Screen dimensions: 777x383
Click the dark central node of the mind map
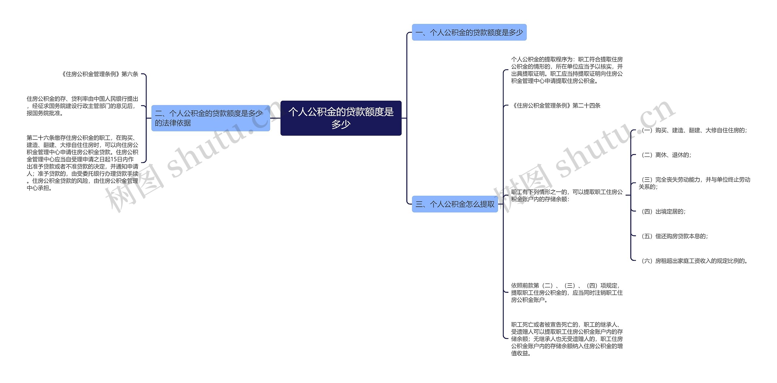coord(341,118)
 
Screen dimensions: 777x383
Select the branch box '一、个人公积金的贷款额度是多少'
coord(469,32)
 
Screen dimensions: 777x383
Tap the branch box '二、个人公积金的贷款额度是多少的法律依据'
coord(210,118)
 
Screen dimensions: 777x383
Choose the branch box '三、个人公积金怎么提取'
coord(455,204)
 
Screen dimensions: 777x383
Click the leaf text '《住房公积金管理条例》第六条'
coord(100,74)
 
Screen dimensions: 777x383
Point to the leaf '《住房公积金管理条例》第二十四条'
coord(556,106)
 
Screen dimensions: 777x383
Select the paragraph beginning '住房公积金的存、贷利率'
coord(82,106)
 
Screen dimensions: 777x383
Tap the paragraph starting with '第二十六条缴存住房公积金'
coord(82,163)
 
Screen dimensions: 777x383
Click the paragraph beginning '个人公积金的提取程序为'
coord(567,70)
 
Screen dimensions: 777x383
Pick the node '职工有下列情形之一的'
coord(567,195)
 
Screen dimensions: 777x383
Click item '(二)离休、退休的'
coord(665,155)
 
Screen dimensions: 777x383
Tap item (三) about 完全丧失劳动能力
coord(694,183)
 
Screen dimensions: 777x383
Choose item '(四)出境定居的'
coord(662,211)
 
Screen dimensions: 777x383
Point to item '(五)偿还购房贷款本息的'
coord(673,236)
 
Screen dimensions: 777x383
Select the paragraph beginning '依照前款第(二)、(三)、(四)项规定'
coord(567,293)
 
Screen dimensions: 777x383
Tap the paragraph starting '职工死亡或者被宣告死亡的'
coord(567,339)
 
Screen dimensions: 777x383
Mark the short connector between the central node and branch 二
coord(275,118)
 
